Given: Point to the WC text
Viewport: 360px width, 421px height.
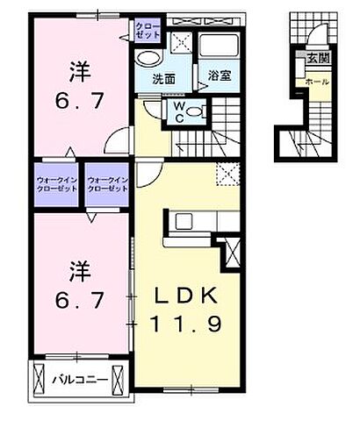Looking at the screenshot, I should point(178,110).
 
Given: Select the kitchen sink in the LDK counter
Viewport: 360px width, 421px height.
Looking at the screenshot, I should point(184,221).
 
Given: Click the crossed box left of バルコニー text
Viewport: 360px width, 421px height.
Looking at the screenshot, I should point(40,378).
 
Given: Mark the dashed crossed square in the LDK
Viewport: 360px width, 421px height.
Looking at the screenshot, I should point(227,175).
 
